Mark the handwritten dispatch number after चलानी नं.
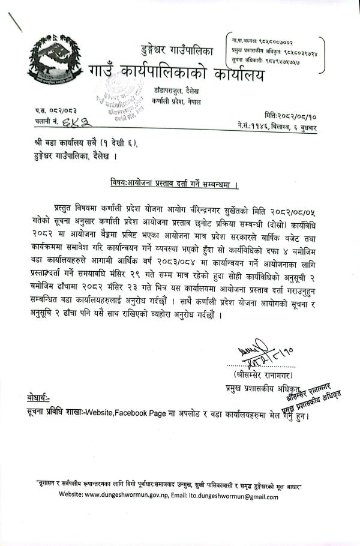[x=79, y=122]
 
